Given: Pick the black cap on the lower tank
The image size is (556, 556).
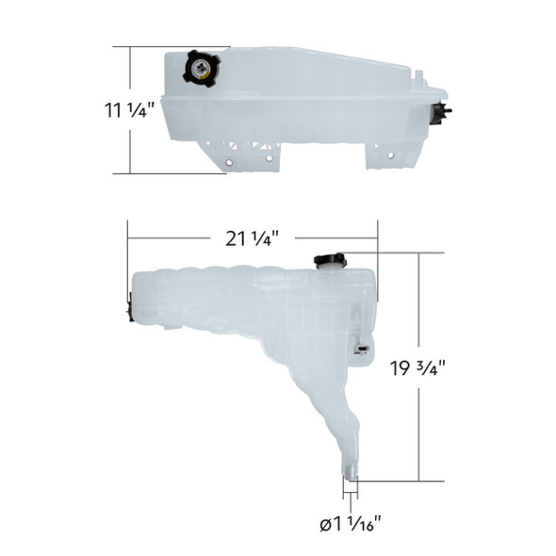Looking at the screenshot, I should pyautogui.click(x=330, y=260).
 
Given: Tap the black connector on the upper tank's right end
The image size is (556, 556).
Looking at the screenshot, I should pyautogui.click(x=439, y=112).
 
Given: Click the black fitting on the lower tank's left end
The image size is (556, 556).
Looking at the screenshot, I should pyautogui.click(x=129, y=306).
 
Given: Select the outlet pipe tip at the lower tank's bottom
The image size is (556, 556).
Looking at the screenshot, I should pyautogui.click(x=351, y=476).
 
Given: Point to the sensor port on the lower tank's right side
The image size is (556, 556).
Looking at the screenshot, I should pyautogui.click(x=361, y=350).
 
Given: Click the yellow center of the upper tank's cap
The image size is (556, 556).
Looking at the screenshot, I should pyautogui.click(x=201, y=68).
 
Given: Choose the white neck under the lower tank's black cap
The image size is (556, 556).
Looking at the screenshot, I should pyautogui.click(x=331, y=271).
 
